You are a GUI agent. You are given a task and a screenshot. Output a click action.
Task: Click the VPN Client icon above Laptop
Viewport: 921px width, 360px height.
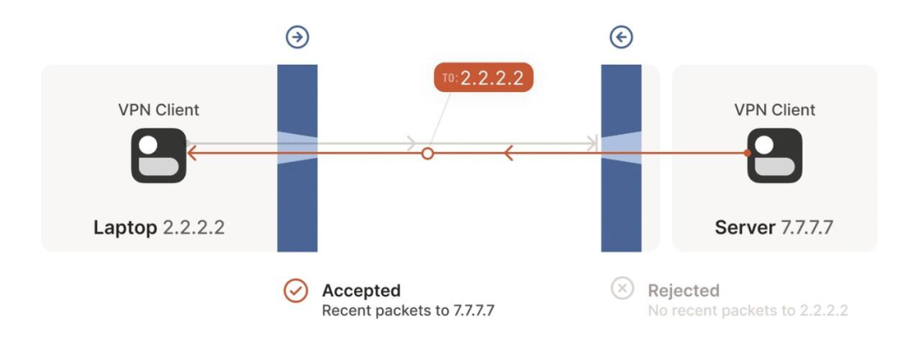click(x=159, y=155)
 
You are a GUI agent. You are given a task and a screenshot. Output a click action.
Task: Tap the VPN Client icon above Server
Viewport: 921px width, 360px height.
click(x=774, y=155)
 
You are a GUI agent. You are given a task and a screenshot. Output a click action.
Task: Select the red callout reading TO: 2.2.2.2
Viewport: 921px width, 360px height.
click(x=484, y=78)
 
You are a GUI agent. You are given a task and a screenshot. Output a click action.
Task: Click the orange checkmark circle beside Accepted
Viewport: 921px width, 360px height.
click(x=295, y=290)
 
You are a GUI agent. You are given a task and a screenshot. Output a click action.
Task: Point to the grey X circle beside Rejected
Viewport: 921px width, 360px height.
click(x=623, y=289)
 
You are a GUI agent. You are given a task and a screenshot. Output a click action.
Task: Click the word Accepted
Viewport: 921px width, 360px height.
click(x=361, y=291)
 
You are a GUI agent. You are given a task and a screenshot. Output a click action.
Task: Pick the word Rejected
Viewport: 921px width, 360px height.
click(x=683, y=291)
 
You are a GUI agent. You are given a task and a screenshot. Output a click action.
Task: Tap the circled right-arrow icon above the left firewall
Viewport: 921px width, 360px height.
click(x=297, y=37)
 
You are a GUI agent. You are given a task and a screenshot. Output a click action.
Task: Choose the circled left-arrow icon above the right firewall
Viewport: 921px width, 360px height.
click(x=621, y=37)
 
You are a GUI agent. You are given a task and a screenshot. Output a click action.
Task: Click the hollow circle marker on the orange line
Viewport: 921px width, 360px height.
click(x=428, y=154)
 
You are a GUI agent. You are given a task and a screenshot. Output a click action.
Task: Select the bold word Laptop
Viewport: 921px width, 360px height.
click(x=125, y=228)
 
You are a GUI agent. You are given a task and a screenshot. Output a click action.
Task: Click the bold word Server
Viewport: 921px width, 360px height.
click(x=744, y=228)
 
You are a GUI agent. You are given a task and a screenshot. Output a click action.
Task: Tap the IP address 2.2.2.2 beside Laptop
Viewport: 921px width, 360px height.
click(x=194, y=228)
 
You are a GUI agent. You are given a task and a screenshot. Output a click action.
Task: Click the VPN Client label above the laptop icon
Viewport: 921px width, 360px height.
click(x=159, y=110)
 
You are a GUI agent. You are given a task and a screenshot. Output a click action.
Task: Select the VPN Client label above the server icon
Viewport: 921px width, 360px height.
click(x=774, y=110)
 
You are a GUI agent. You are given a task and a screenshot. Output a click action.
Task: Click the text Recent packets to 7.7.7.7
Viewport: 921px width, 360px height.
click(x=408, y=311)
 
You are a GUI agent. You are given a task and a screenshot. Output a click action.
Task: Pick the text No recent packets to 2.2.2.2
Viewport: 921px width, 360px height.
click(x=747, y=311)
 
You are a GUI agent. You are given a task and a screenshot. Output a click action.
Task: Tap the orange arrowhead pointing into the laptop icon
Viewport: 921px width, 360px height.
click(x=193, y=154)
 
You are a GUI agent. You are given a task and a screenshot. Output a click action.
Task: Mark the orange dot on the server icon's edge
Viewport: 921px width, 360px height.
click(x=747, y=154)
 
